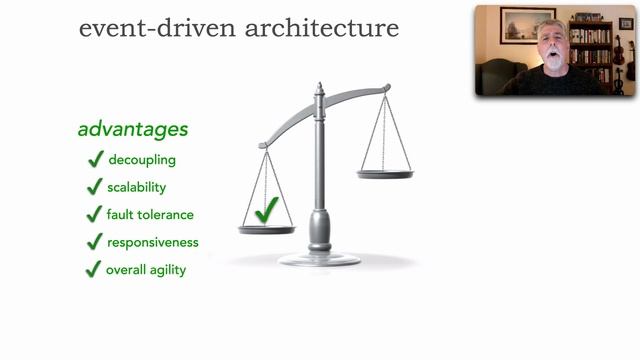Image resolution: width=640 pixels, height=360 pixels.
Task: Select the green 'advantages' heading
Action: tap(133, 130)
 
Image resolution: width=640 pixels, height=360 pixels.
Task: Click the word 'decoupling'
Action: tap(143, 159)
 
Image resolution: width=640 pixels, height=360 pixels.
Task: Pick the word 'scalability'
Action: tap(136, 187)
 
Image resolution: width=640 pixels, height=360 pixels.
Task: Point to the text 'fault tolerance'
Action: tap(150, 214)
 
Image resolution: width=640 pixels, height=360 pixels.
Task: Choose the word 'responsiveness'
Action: tap(153, 242)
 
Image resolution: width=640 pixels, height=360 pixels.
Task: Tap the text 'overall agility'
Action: tap(146, 269)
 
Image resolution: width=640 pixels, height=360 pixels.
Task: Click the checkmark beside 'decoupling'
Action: tap(95, 159)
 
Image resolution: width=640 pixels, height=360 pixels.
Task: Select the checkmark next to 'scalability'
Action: tap(95, 187)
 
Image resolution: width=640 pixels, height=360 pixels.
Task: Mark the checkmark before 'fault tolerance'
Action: tap(95, 214)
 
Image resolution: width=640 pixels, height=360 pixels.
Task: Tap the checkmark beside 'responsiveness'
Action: tap(95, 242)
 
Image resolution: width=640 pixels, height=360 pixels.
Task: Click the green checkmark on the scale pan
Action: tap(266, 210)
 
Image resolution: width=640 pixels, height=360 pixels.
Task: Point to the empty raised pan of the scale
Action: tap(385, 174)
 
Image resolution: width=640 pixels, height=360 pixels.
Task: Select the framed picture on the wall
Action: tap(527, 24)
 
